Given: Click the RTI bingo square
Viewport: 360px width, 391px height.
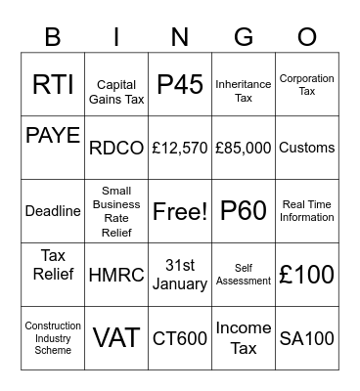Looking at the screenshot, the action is pos(53,85).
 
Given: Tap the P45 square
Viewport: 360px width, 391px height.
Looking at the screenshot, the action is pos(180,85).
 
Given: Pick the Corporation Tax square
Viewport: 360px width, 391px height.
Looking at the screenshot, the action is pos(307,85).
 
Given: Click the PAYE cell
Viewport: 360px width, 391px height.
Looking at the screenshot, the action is pos(53,136).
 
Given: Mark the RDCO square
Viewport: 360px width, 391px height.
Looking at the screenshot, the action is pos(116,148).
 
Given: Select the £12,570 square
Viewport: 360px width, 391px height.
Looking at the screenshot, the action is pos(180,148).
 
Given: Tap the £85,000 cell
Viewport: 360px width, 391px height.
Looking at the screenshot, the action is pos(244,148).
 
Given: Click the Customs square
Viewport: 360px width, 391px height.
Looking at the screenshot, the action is pos(307,148).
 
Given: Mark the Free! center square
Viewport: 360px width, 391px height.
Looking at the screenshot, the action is pos(180,211).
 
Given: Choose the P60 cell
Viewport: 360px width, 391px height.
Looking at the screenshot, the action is pos(244,211).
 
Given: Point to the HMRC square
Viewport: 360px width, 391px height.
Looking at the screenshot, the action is pos(116,275).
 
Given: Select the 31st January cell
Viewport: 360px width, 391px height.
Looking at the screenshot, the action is pos(180,275).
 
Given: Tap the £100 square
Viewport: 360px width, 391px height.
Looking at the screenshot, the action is pos(307,275).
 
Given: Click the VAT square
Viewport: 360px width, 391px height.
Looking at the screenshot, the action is pos(116,338).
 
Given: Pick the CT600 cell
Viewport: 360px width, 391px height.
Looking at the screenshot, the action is pos(180,338).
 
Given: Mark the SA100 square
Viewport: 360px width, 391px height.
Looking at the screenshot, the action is pos(307,338).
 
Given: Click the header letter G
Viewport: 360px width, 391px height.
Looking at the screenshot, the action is pos(244,37).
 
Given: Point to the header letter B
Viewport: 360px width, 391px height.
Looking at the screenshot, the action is pos(53,37).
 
